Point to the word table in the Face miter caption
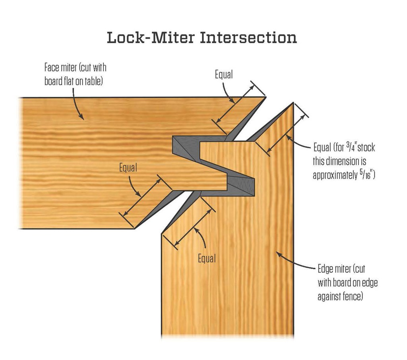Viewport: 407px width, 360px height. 93,81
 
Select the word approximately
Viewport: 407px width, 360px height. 334,175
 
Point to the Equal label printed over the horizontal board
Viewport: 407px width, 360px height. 128,168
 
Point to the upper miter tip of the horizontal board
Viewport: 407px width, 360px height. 265,97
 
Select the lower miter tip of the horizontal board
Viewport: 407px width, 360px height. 135,228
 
